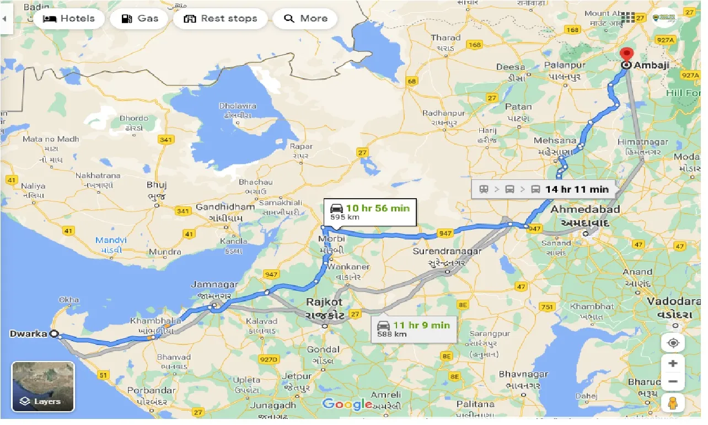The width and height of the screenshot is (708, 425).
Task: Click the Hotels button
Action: [69, 19]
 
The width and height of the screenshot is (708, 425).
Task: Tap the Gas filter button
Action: [140, 19]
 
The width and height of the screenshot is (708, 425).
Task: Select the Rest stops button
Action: [221, 19]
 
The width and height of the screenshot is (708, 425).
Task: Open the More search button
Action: [306, 19]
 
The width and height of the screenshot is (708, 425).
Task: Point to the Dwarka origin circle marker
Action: [53, 334]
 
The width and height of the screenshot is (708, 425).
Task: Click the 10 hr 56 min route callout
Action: [369, 212]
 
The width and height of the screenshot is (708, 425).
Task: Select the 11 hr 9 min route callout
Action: [413, 329]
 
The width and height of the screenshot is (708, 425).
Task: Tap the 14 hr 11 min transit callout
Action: [544, 189]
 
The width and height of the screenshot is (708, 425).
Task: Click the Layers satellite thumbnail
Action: [43, 386]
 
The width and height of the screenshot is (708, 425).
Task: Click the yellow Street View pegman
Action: [673, 403]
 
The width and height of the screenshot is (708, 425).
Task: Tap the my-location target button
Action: [673, 343]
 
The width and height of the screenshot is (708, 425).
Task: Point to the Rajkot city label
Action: [326, 302]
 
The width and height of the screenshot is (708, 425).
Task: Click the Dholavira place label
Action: [238, 105]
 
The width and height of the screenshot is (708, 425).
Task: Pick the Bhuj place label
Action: [157, 185]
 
